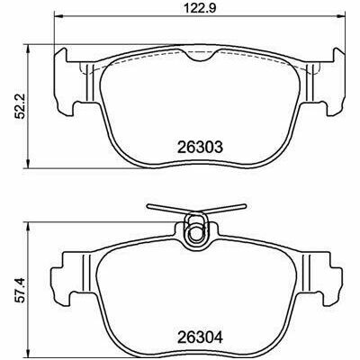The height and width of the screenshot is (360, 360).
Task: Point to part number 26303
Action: click(200, 147)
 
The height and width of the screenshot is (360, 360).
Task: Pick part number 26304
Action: click(200, 338)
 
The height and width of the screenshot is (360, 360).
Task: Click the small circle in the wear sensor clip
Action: click(195, 233)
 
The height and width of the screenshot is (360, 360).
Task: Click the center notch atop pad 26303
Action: click(200, 55)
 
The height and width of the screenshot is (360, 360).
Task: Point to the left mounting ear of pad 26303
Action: click(64, 82)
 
